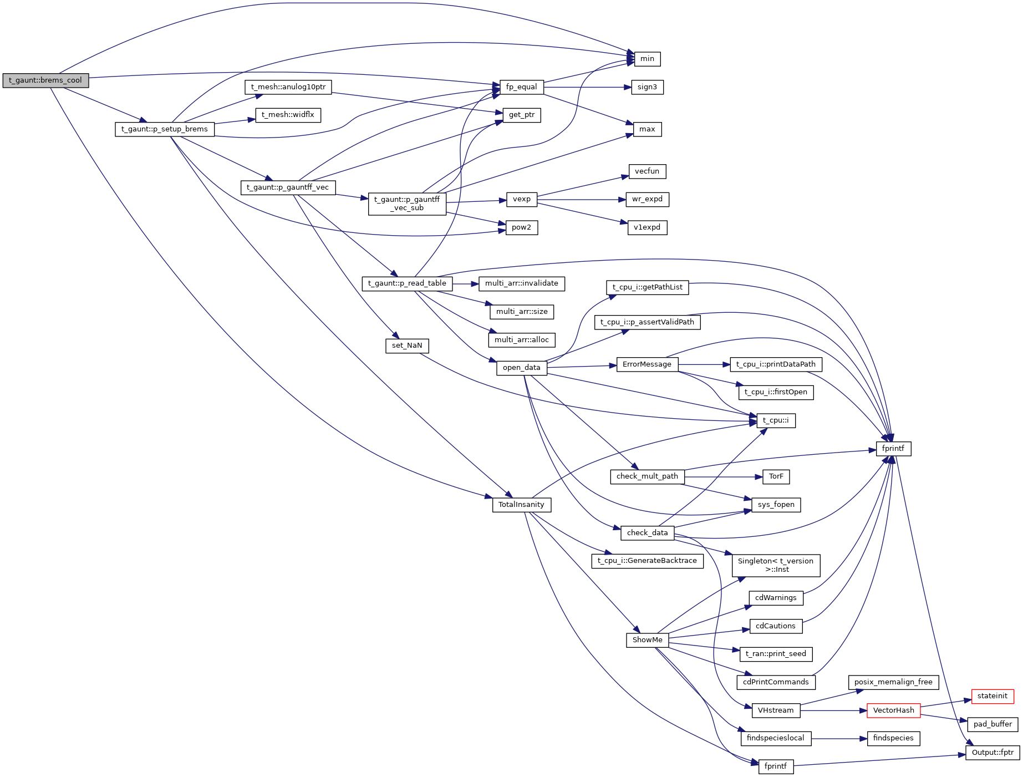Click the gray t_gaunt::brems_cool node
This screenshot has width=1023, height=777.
[x=45, y=80]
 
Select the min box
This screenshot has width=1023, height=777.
[x=647, y=59]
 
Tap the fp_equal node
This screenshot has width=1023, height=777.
[x=521, y=87]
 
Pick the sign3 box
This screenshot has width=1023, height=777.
[x=647, y=87]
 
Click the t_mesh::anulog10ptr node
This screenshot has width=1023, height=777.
[x=288, y=87]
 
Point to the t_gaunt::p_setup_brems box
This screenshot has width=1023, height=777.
[x=164, y=129]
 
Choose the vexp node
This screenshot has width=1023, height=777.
[x=521, y=199]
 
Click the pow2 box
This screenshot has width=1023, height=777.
[x=521, y=227]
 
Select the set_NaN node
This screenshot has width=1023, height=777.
[x=407, y=346]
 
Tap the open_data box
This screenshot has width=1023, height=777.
[x=521, y=368]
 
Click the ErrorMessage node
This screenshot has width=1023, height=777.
[x=647, y=364]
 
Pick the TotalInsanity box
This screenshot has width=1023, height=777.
[x=521, y=505]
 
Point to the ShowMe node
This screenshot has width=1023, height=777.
[x=647, y=640]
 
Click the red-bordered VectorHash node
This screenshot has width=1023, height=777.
[x=893, y=710]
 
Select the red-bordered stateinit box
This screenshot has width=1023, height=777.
[x=992, y=696]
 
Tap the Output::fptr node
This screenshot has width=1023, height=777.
[x=992, y=753]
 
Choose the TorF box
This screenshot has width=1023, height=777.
[x=776, y=476]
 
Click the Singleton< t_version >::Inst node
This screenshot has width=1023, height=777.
[x=775, y=565]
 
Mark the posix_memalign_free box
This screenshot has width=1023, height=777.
[x=893, y=682]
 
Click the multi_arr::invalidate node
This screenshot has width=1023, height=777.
[x=521, y=283]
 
